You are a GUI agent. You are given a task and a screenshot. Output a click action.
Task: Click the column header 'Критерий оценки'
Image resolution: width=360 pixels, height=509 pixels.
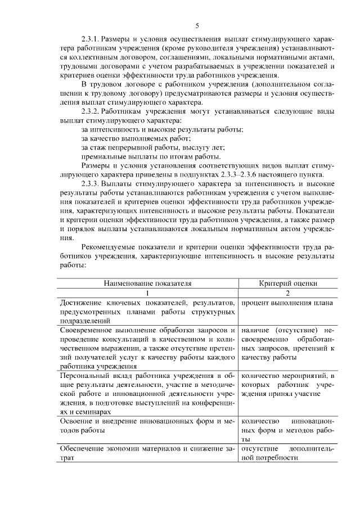click(287, 284)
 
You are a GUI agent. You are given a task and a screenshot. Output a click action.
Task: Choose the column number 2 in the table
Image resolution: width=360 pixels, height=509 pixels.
click(287, 294)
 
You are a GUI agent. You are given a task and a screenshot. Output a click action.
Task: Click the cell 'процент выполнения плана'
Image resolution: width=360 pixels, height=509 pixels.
click(287, 303)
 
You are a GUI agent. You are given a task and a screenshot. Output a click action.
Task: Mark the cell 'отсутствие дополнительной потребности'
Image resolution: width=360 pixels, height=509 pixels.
click(287, 453)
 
